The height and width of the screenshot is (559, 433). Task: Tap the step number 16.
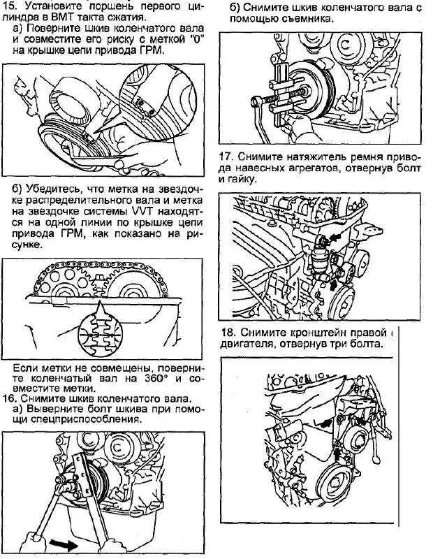click(x=9, y=399)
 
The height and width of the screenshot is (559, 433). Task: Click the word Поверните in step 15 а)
click(x=53, y=29)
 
